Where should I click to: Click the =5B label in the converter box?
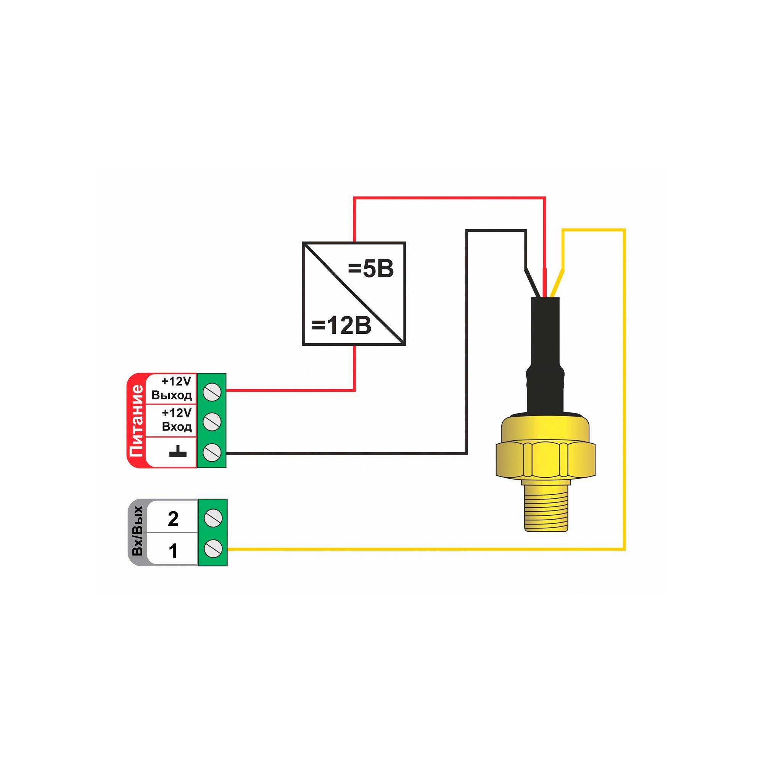click(x=370, y=270)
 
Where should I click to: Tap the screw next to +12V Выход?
click(x=212, y=392)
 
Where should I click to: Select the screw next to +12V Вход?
click(x=212, y=422)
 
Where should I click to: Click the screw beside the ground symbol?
click(x=212, y=451)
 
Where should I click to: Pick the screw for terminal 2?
click(x=212, y=518)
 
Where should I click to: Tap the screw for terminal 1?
click(x=212, y=549)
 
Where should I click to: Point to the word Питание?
click(x=137, y=420)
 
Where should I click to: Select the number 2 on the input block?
click(x=173, y=518)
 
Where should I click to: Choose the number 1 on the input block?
click(x=173, y=551)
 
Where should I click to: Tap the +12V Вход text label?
click(x=176, y=419)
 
